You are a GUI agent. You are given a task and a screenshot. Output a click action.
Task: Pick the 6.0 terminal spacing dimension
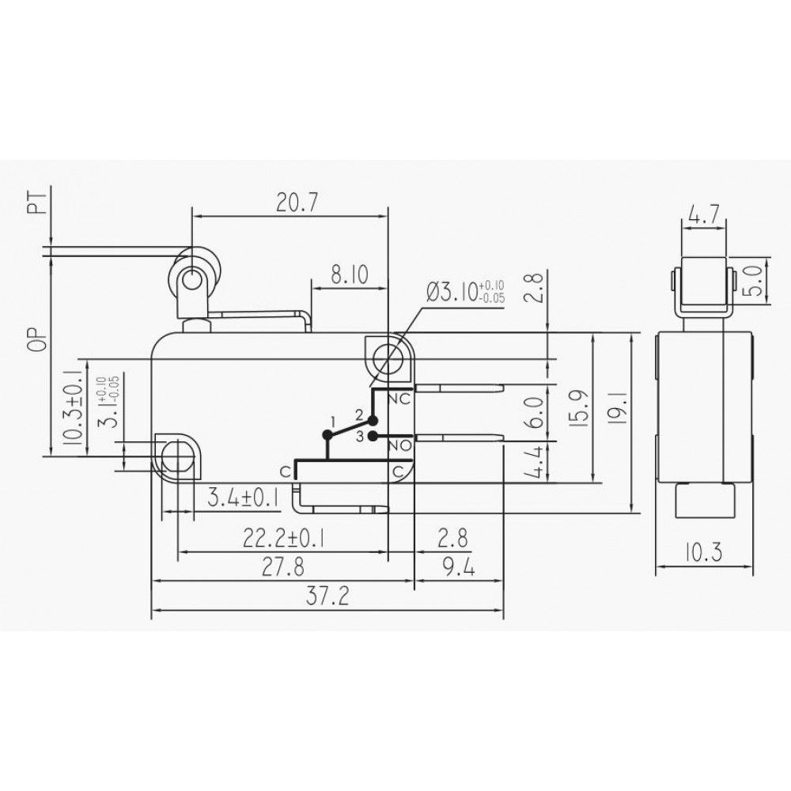[x=536, y=412]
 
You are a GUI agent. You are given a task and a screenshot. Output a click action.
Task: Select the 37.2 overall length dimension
[x=329, y=597]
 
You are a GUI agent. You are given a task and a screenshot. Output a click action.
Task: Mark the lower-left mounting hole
[x=178, y=457]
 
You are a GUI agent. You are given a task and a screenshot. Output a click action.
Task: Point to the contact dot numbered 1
[x=327, y=433]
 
